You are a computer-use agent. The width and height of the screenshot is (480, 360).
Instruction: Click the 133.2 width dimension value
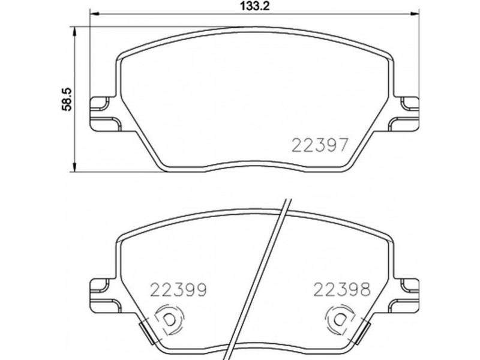254,6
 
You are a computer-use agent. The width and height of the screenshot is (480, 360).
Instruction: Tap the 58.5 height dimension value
67,98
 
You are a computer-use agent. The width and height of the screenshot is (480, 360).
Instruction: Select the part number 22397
320,145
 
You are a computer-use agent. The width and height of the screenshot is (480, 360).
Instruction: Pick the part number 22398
342,289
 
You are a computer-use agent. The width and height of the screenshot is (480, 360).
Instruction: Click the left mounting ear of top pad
104,114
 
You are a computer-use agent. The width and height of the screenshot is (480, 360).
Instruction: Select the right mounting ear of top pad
404,114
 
